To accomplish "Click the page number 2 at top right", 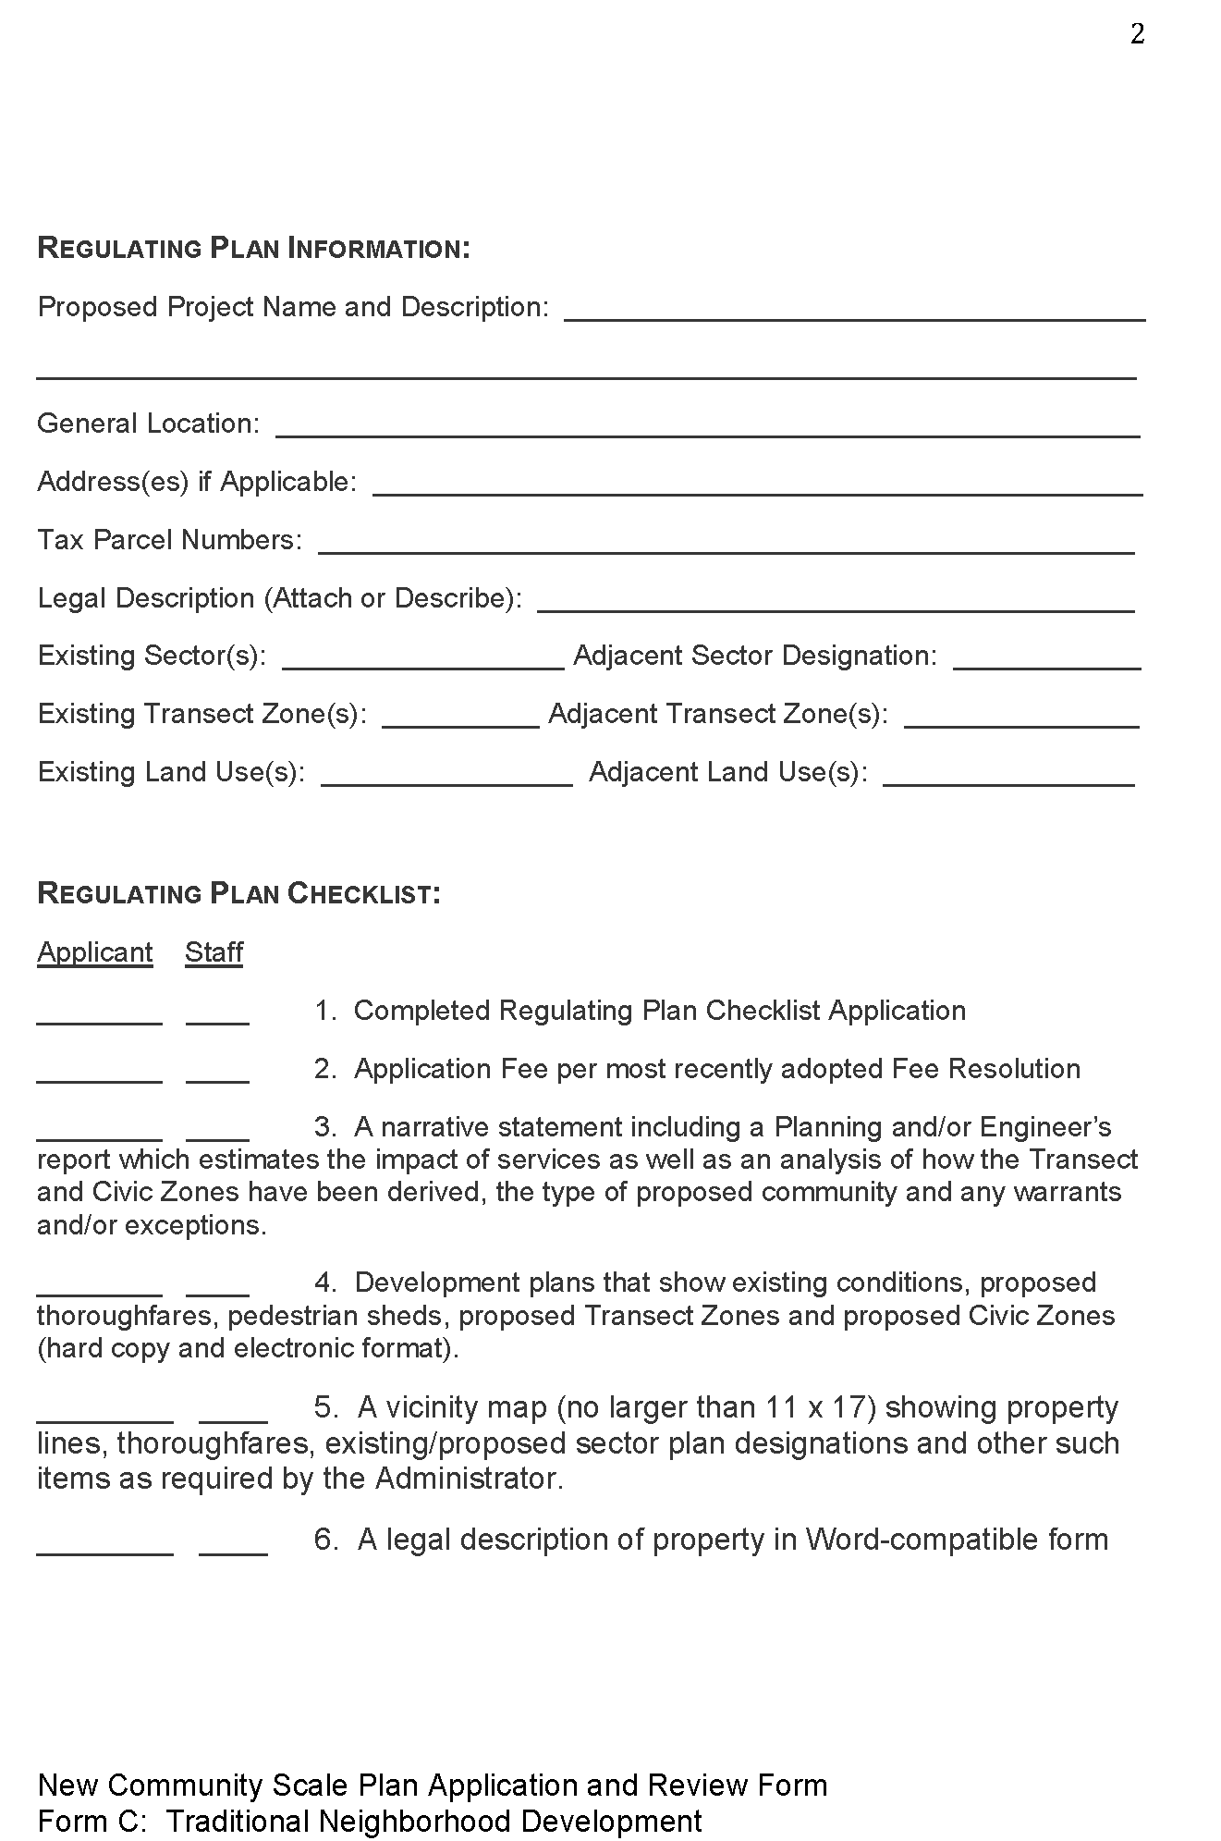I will [1137, 34].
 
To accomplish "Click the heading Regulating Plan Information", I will [253, 248].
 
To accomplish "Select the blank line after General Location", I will [707, 427].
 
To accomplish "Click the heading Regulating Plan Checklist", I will [238, 893].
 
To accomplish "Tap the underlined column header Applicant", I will [95, 952].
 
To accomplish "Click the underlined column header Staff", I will [214, 952].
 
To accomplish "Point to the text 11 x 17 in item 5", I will [820, 1406].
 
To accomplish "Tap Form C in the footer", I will [91, 1821].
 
